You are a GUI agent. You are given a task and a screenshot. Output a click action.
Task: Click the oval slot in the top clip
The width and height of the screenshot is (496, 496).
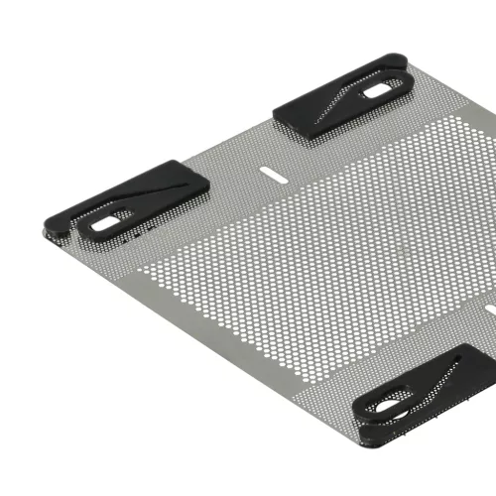(x=377, y=91)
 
